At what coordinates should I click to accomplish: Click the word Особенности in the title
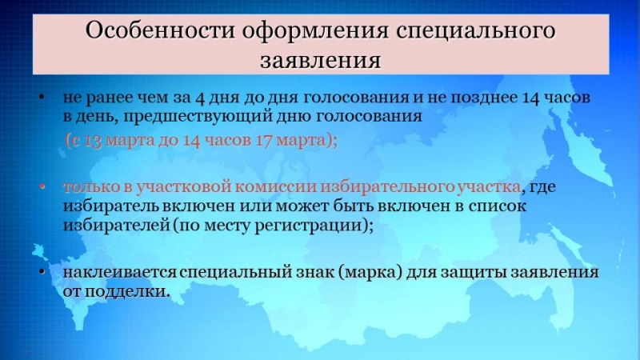[160, 30]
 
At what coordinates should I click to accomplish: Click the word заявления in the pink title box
[321, 60]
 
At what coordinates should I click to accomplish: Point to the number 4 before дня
[200, 98]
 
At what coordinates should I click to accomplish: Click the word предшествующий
[198, 117]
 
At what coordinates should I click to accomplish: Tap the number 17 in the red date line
[264, 141]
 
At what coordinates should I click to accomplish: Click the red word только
[91, 187]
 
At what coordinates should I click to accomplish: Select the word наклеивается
[120, 272]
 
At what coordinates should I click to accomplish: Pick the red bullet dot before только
[42, 186]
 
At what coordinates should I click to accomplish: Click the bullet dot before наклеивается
[42, 272]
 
